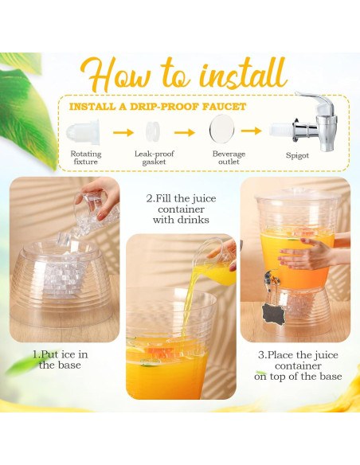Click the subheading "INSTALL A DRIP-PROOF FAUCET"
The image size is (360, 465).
157,107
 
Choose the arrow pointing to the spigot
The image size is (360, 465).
252,131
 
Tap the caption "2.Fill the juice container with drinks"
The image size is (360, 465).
181,209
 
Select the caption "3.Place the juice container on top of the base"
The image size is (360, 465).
298,365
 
